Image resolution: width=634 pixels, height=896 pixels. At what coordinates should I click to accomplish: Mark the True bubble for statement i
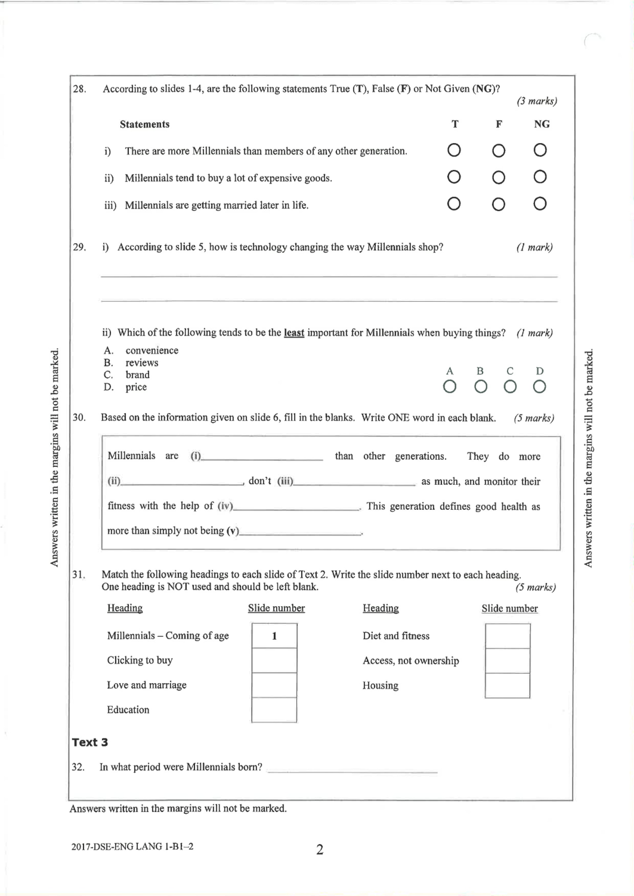[x=454, y=150]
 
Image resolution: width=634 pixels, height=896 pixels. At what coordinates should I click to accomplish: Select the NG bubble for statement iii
[x=540, y=204]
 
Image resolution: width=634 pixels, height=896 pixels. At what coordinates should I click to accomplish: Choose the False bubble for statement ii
[x=498, y=178]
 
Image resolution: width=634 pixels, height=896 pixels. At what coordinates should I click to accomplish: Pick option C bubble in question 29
[x=510, y=387]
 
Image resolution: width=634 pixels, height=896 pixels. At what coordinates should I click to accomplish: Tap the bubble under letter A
[x=449, y=387]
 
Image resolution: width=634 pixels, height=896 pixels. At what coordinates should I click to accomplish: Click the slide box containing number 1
[x=274, y=636]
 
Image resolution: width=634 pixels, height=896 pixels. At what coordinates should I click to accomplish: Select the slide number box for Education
[x=274, y=710]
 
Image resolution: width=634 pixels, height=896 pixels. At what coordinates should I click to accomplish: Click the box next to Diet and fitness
[x=507, y=636]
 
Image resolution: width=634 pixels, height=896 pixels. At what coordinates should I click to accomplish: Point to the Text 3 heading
[x=90, y=742]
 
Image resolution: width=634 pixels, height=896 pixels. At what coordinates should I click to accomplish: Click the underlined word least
[x=294, y=333]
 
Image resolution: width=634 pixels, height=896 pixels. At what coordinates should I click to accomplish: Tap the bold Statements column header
[x=144, y=124]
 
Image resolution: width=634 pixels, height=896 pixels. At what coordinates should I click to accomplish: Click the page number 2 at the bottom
[x=319, y=849]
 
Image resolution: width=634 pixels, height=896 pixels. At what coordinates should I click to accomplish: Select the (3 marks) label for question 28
[x=536, y=101]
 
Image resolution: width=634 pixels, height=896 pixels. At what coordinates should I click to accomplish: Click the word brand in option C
[x=137, y=375]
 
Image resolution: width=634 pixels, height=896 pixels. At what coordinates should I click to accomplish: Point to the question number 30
[x=79, y=417]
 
